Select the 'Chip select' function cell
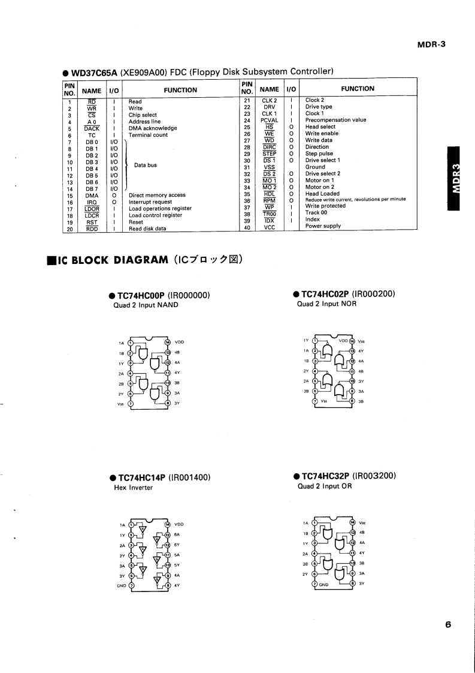143,115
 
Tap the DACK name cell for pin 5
92,128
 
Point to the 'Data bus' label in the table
146,165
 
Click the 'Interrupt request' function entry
150,202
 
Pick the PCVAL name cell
269,120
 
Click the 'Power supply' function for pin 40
323,226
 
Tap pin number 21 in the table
247,100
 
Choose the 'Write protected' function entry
325,206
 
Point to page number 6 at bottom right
448,624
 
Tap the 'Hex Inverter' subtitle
133,488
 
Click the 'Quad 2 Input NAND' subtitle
146,305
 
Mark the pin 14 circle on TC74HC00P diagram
168,342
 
